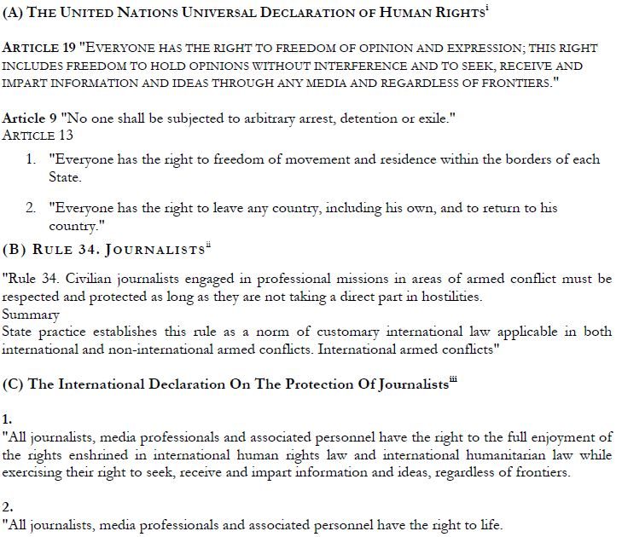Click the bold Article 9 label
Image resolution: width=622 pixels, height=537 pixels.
click(x=29, y=118)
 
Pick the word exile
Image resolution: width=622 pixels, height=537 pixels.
click(x=429, y=118)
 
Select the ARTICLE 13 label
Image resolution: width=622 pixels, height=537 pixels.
click(x=38, y=135)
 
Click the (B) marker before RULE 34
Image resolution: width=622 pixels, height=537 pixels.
click(x=15, y=250)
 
